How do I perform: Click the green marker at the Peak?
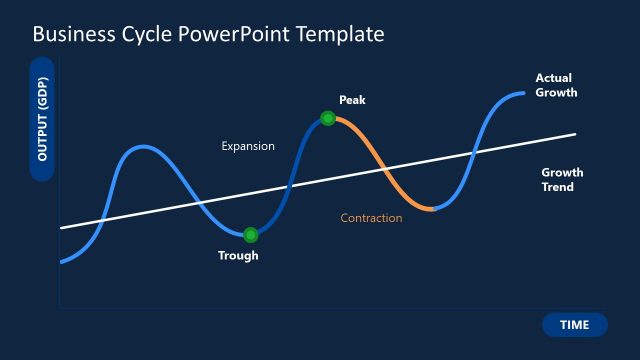point(327,118)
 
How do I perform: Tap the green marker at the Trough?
point(251,235)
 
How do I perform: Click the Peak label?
point(353,100)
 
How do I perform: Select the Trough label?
point(238,256)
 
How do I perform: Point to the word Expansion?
point(248,146)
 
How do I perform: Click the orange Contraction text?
point(371,218)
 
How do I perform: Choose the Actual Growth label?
point(556,85)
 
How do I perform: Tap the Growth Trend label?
point(562,179)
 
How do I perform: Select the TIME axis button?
point(574,324)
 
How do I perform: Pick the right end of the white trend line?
point(575,134)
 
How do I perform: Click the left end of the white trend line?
point(62,228)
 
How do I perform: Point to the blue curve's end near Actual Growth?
point(522,93)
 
